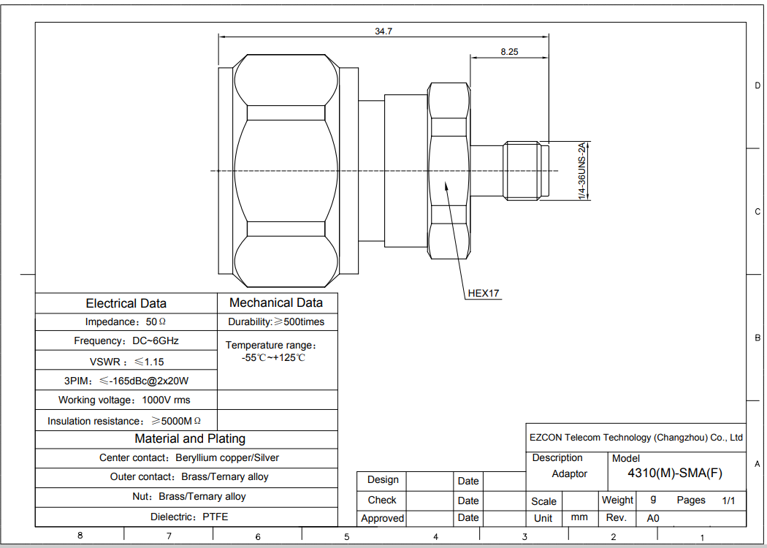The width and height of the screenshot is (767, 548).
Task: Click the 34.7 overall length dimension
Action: click(383, 31)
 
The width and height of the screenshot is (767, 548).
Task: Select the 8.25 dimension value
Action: click(509, 52)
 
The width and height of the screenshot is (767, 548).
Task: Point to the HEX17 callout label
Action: click(484, 293)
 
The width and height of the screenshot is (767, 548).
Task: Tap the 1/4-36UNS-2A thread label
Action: click(581, 171)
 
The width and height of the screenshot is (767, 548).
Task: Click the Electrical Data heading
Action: click(126, 303)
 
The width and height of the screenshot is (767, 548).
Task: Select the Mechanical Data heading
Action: click(276, 303)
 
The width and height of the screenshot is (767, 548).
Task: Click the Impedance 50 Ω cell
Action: click(126, 322)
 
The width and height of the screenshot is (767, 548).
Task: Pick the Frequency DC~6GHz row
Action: click(126, 340)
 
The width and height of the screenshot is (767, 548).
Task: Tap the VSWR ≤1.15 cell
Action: click(126, 362)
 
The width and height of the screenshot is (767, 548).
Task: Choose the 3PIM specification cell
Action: click(126, 381)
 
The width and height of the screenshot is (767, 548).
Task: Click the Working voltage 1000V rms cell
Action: click(124, 400)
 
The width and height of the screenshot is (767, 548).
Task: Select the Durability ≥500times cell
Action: click(276, 322)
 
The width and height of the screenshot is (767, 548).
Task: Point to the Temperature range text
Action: click(272, 351)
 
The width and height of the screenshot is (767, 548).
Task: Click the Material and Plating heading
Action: click(190, 439)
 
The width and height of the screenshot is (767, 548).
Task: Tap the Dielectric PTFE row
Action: click(188, 517)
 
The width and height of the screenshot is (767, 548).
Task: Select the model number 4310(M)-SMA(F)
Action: click(675, 473)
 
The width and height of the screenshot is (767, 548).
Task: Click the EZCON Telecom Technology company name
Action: click(636, 438)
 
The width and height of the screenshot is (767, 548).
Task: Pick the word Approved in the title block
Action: click(383, 518)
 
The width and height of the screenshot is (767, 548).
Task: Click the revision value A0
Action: click(653, 518)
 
